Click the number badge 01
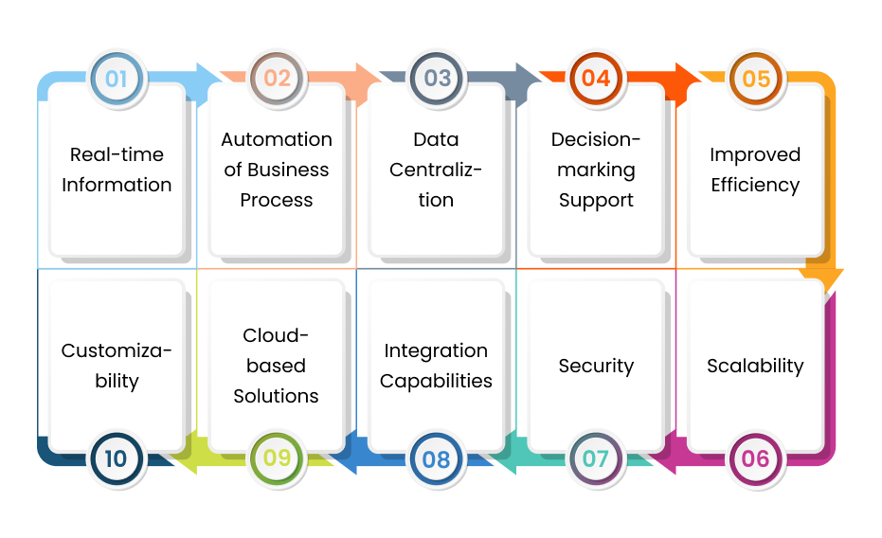(x=117, y=79)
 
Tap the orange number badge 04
(x=596, y=79)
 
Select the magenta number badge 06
(x=755, y=459)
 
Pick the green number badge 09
(x=277, y=459)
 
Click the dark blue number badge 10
(x=117, y=459)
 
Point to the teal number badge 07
(x=596, y=459)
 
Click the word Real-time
(x=117, y=154)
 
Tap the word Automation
(x=277, y=139)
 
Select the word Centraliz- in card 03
(x=436, y=170)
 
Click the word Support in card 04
(x=596, y=200)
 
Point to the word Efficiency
(x=755, y=185)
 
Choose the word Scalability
(x=755, y=366)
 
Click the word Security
(x=596, y=366)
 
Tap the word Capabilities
(x=436, y=381)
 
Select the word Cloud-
(x=277, y=335)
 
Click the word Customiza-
(x=117, y=350)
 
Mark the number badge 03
(x=436, y=79)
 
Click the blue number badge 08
(x=436, y=459)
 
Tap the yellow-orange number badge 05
(x=755, y=79)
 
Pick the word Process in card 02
(x=277, y=200)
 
